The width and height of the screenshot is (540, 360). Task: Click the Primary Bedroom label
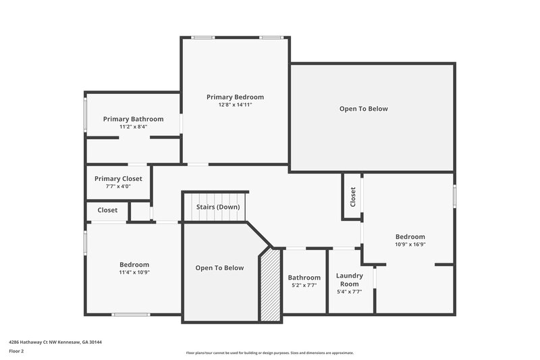point(235,97)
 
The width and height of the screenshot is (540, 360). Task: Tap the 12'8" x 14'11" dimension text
point(235,105)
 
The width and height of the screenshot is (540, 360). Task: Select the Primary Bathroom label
point(133,119)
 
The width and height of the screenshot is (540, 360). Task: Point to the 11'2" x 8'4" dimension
point(133,127)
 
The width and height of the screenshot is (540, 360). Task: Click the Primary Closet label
point(118,179)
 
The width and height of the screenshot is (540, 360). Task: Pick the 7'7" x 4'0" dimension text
point(118,187)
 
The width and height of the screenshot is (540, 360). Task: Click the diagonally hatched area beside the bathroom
point(271,284)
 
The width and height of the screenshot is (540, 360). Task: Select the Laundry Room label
point(350,280)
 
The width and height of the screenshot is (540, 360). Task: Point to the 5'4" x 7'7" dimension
point(350,292)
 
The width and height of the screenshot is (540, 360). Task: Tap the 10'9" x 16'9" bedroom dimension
point(410,245)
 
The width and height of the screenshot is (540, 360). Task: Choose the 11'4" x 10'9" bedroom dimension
point(134,272)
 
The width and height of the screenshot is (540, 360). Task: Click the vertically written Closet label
point(352,197)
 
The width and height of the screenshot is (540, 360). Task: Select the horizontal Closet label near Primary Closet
point(107,211)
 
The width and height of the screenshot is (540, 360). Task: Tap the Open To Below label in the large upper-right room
point(363,109)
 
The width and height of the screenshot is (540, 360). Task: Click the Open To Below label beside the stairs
point(219,268)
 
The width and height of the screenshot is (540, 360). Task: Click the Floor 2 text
point(16,351)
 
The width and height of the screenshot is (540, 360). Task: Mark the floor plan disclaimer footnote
point(269,353)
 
